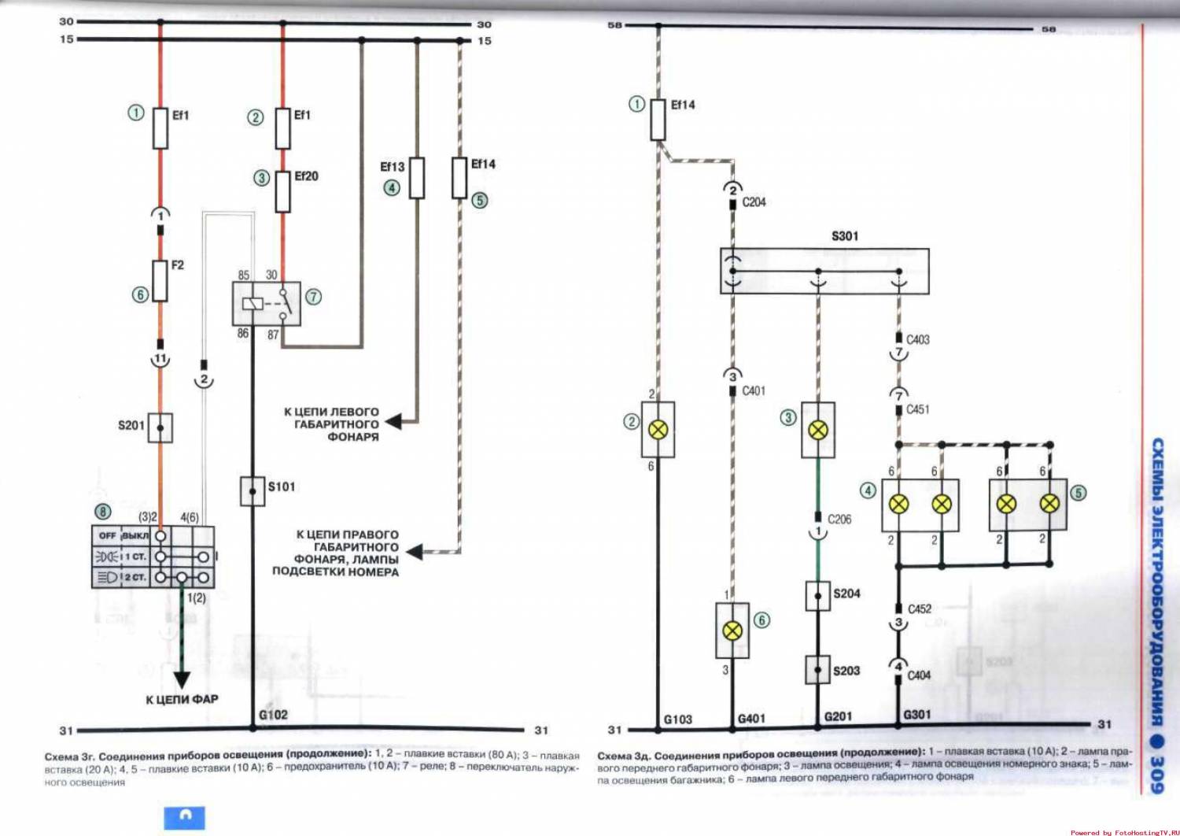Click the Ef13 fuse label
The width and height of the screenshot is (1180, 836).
pos(392,167)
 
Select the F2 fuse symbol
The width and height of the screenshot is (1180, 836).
pos(160,281)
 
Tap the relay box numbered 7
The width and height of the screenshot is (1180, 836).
pos(266,304)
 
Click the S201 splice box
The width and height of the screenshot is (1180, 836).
pos(160,427)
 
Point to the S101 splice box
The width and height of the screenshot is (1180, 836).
pos(253,491)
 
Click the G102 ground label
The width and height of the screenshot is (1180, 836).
pos(273,715)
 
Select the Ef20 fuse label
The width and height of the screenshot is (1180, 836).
pos(306,176)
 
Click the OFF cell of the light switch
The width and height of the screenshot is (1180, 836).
pos(108,535)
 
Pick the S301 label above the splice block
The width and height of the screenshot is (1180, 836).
pos(845,236)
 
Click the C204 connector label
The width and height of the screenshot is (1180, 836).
pos(754,202)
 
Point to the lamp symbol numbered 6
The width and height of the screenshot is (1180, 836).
pos(732,631)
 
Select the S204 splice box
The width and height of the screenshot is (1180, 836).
pos(818,596)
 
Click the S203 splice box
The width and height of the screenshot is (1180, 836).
pos(818,670)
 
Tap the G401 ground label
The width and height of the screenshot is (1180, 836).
pos(751,718)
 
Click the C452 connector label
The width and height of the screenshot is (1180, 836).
pos(920,609)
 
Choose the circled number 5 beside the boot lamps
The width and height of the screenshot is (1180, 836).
pos(1078,493)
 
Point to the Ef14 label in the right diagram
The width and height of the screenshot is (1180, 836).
pos(683,105)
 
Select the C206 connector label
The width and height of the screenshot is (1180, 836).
pos(839,520)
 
